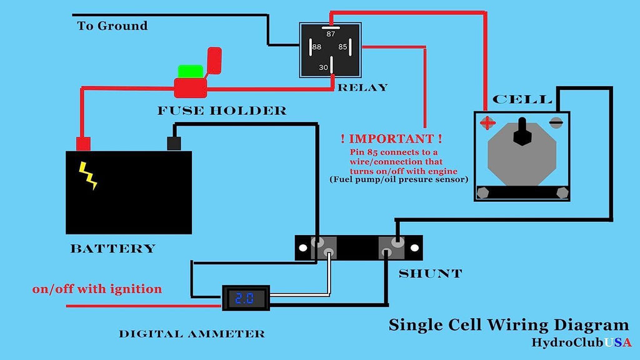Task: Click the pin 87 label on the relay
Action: [331, 34]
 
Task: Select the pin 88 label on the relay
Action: [317, 47]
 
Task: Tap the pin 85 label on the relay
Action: [342, 47]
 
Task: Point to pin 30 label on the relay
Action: [323, 67]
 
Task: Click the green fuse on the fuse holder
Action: [191, 71]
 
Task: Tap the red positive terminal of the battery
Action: [83, 143]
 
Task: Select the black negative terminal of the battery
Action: [174, 143]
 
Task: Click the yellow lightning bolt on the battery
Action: [89, 176]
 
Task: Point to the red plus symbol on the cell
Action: [487, 122]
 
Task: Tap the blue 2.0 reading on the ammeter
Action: [246, 297]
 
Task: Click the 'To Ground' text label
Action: [112, 26]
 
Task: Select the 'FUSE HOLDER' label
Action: [222, 111]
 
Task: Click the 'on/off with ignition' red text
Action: [97, 289]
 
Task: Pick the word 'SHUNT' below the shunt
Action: [430, 274]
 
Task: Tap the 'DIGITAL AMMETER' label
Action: [192, 334]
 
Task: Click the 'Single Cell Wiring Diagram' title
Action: [509, 325]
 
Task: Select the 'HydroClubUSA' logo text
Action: [581, 342]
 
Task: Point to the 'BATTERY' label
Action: [112, 249]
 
